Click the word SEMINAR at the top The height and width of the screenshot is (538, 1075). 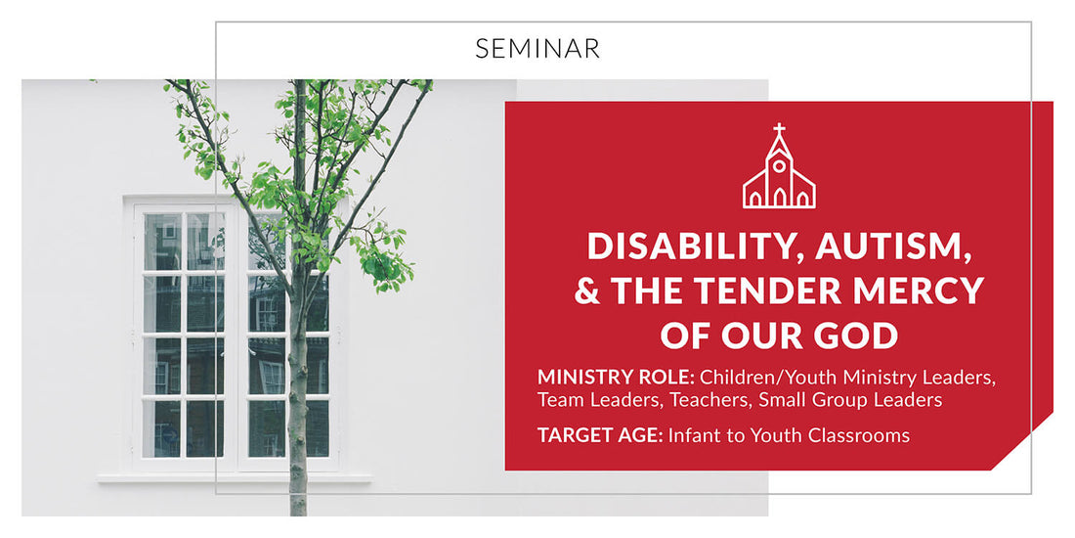(x=537, y=48)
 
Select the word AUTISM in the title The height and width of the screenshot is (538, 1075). (x=885, y=246)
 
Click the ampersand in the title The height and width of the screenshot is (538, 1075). (x=587, y=291)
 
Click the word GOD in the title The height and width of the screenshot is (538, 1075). (x=859, y=335)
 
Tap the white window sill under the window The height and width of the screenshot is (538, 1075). (x=235, y=478)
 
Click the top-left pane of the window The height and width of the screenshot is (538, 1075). (x=162, y=241)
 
